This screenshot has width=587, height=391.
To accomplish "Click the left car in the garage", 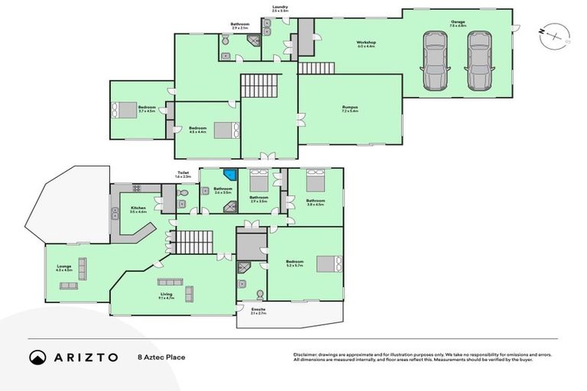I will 436,60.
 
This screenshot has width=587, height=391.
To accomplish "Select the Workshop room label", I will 366,43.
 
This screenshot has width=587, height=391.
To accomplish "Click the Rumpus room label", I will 350,107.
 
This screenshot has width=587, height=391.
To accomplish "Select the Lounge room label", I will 63,268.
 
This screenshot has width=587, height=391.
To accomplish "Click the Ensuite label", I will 258,309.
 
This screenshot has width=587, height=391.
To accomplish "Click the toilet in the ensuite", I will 259,295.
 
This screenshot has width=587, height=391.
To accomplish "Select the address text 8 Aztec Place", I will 161,357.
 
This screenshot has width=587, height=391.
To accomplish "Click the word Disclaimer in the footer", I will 306,354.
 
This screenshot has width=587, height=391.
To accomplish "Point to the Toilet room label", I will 183,173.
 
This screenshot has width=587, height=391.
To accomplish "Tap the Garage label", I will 457,22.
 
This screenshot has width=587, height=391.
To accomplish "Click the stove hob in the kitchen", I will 138,187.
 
